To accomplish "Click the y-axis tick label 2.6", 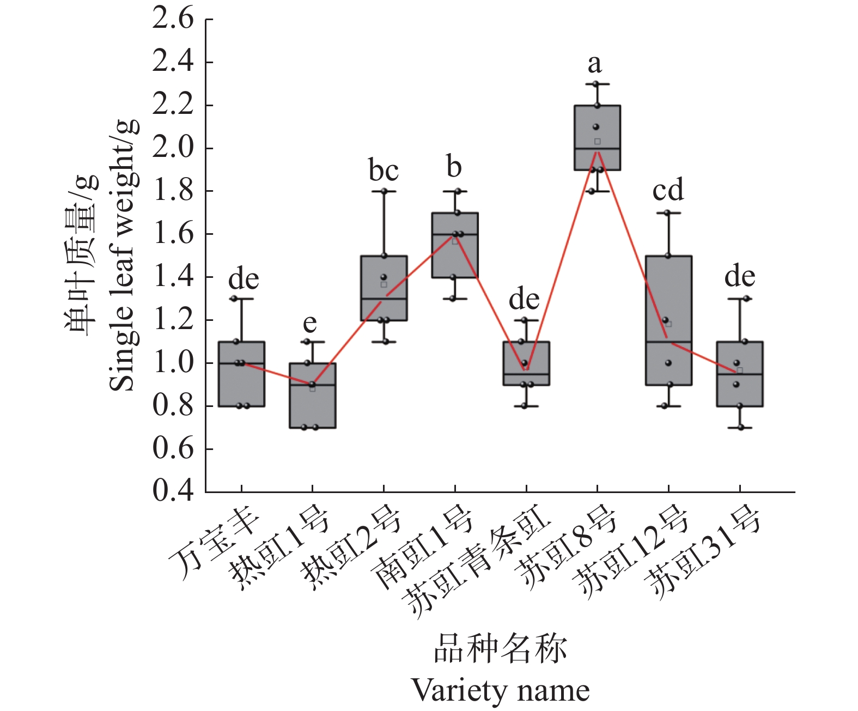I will tap(173, 19).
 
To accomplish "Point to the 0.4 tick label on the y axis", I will tap(173, 491).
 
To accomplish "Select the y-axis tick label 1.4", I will tap(173, 277).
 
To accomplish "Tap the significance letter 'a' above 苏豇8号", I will tap(594, 64).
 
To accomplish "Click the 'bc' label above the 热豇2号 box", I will tap(384, 171).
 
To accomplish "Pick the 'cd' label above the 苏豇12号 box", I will tap(668, 190).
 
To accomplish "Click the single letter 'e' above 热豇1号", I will tap(309, 323).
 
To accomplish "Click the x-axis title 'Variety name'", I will tap(500, 690).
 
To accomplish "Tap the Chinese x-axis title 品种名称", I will tap(500, 649).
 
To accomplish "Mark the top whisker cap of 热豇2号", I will tap(384, 191).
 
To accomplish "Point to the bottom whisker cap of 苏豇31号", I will tap(740, 428).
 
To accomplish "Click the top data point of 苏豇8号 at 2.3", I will tap(596, 84).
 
